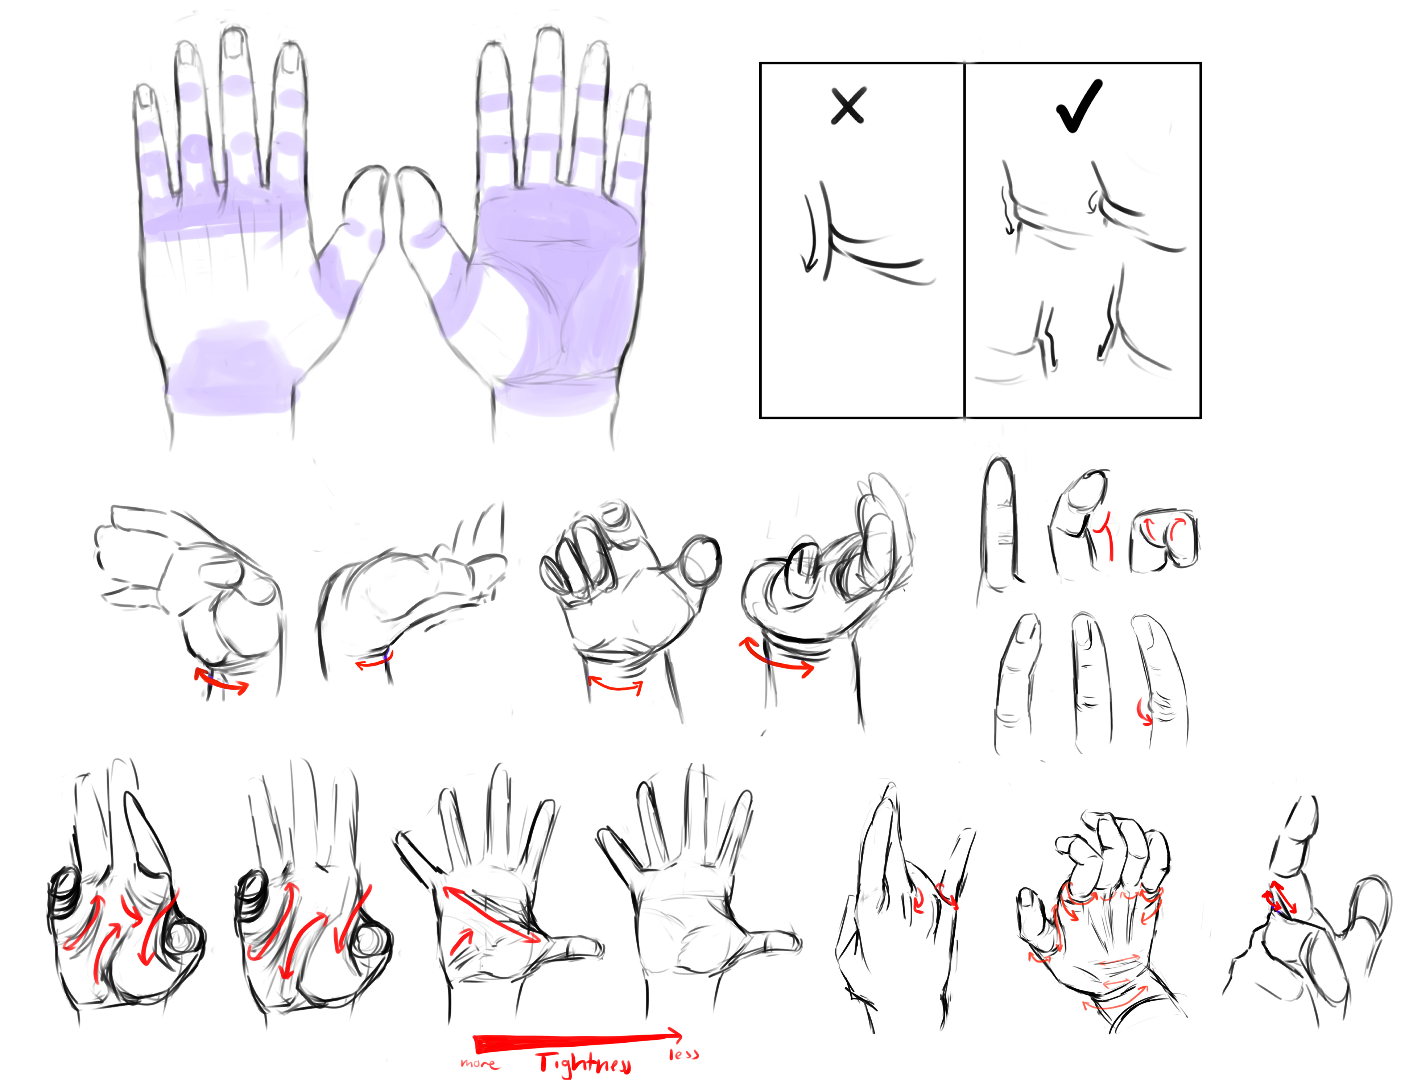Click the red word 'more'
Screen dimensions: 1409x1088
(479, 1063)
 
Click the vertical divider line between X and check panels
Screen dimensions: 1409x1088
(964, 240)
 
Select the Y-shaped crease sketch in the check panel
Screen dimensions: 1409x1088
(1126, 329)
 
